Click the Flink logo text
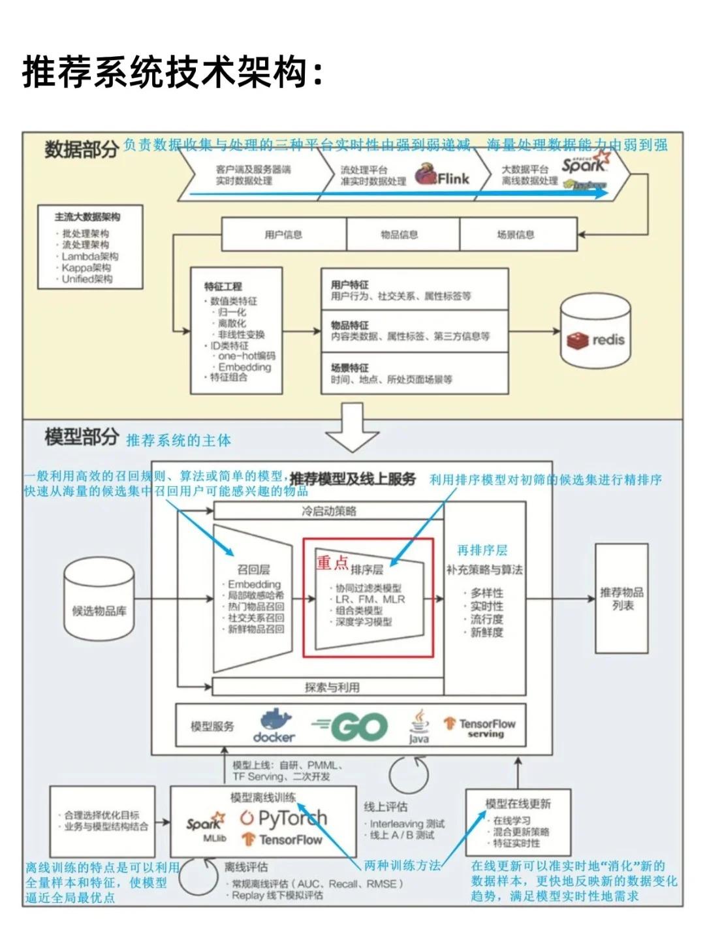coord(453,178)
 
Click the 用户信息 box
coord(283,234)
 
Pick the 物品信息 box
coord(399,234)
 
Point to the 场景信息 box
coord(516,234)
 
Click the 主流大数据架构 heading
coord(87,217)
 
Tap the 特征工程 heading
coord(223,286)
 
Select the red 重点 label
coord(332,562)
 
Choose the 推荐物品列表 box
coord(621,599)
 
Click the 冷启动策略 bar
coord(329,511)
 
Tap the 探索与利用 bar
coord(332,687)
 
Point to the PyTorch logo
coord(283,818)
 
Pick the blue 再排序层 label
coord(482,550)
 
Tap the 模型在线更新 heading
coord(518,804)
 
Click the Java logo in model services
coord(419,726)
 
